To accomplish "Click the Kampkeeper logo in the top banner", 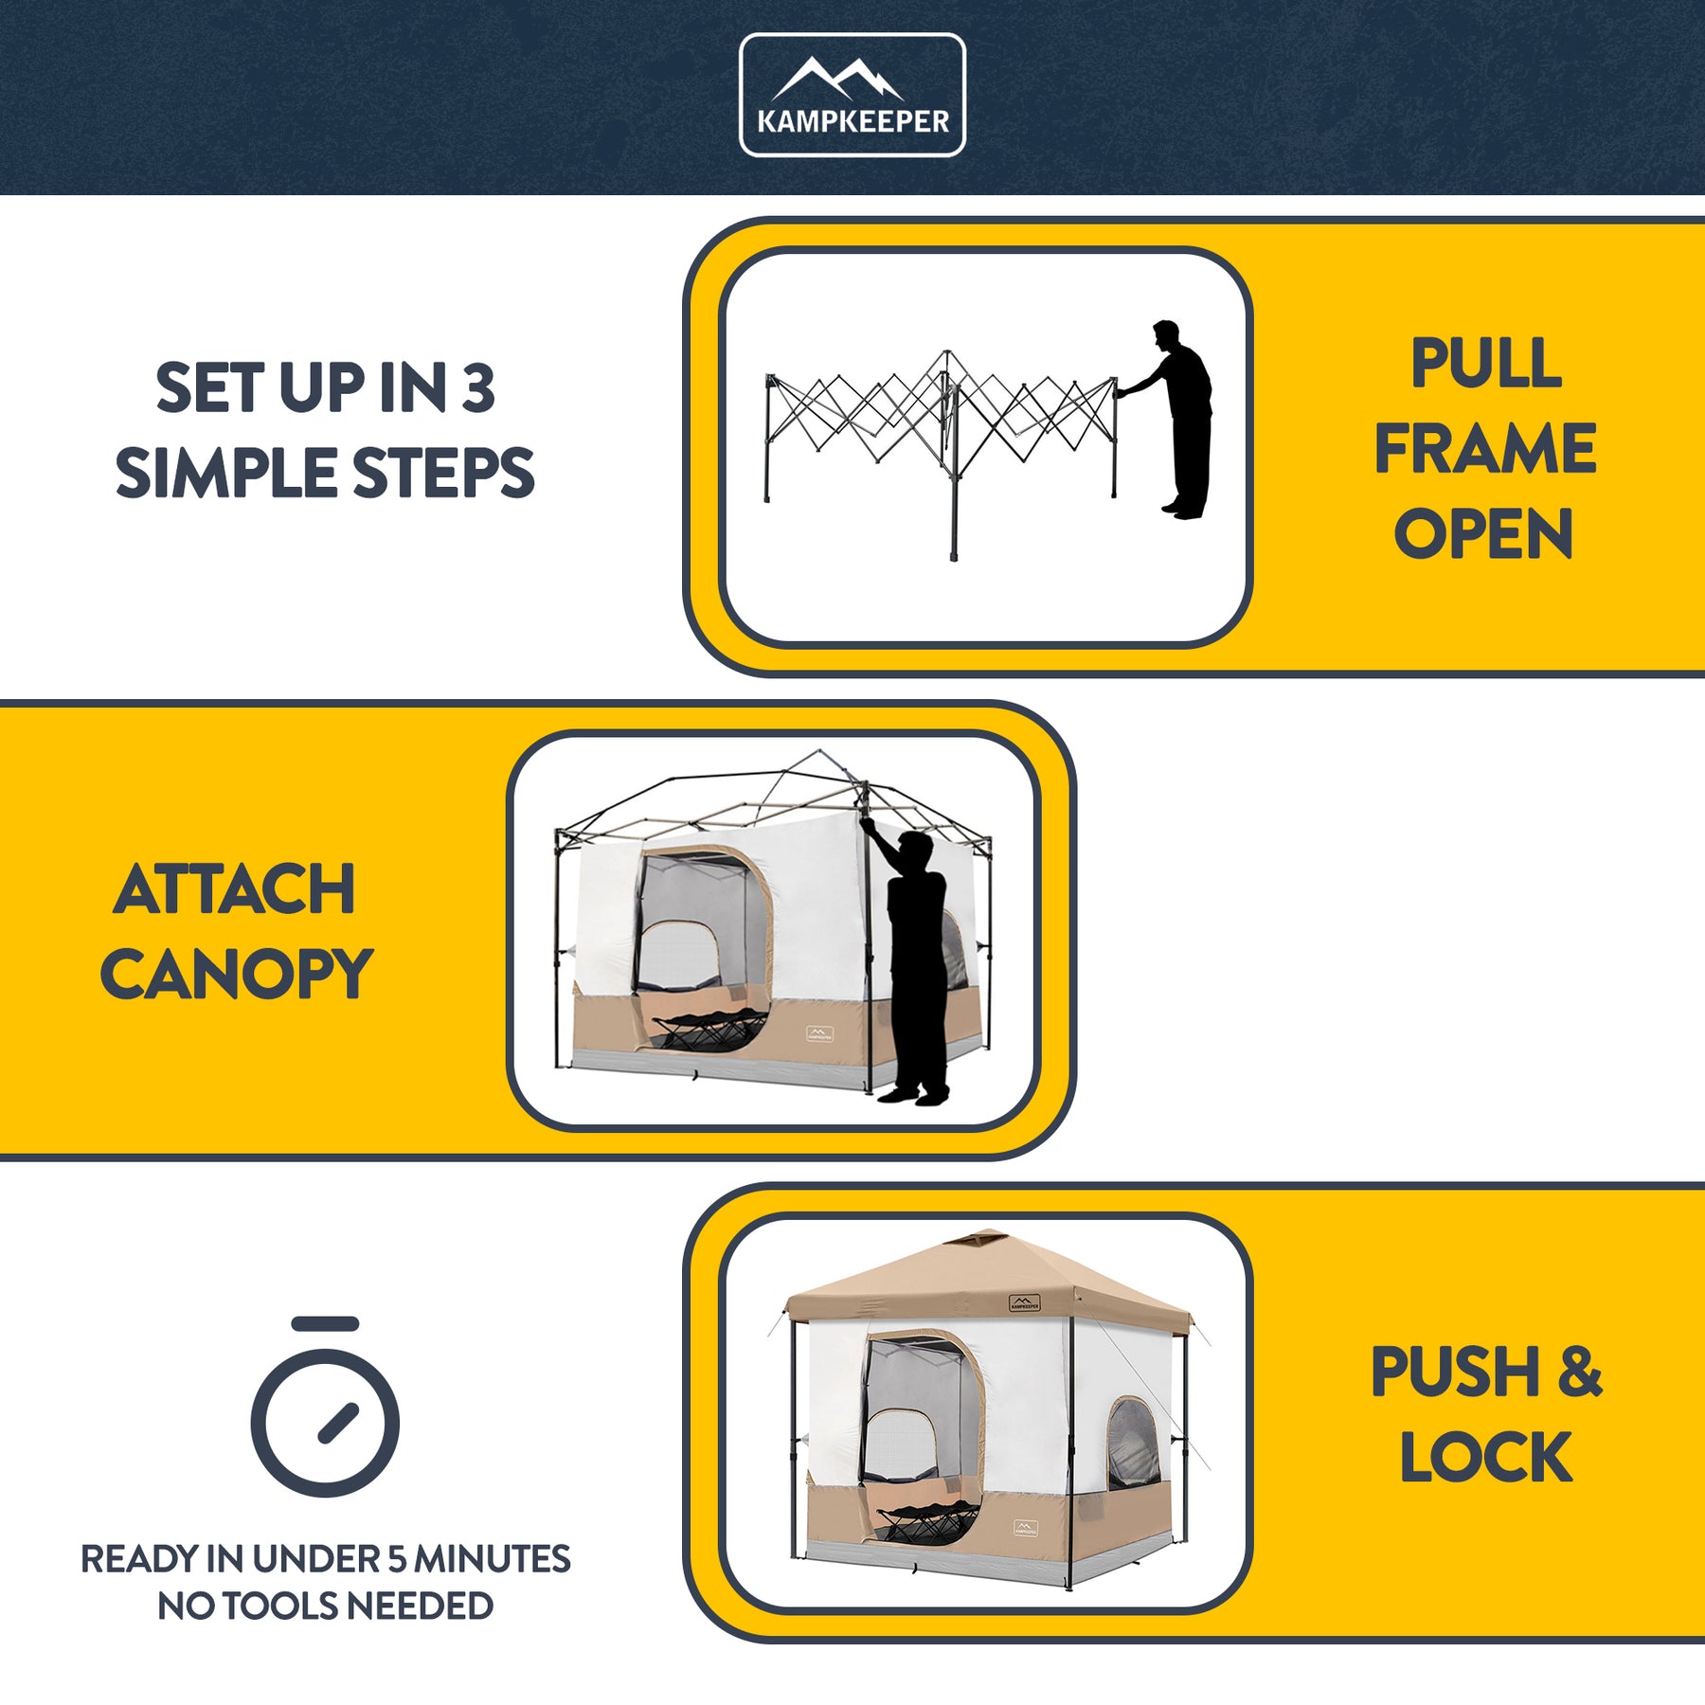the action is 852,95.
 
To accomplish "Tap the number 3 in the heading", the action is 478,388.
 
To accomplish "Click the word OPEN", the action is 1483,533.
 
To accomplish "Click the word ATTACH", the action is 234,889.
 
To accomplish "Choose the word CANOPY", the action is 237,975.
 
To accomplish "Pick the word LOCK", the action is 1486,1457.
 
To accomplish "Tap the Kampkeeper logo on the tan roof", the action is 1025,1303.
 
